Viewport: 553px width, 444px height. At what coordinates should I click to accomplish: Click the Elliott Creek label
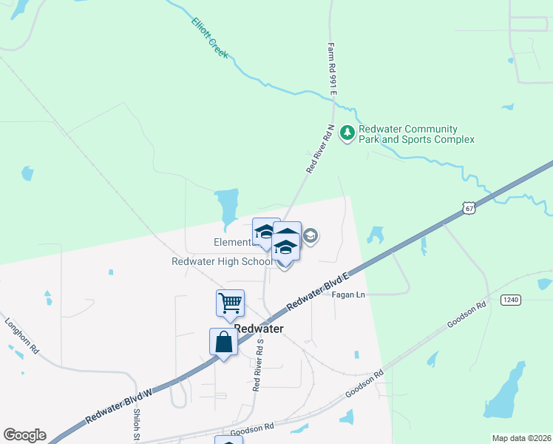[x=210, y=38]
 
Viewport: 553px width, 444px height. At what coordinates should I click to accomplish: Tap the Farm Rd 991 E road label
[x=333, y=68]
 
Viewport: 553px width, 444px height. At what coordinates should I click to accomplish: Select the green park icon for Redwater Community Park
[x=347, y=134]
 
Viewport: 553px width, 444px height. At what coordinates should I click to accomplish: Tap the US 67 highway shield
[x=469, y=209]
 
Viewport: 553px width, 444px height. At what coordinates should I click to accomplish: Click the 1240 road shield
[x=510, y=299]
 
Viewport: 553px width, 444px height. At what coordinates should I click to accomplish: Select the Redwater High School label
[x=222, y=262]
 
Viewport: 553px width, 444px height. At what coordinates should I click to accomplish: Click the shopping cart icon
[x=230, y=302]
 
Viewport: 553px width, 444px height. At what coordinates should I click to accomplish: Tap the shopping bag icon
[x=223, y=342]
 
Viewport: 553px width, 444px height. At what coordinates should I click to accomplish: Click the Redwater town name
[x=259, y=329]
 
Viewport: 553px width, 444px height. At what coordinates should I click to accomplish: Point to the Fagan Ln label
[x=349, y=295]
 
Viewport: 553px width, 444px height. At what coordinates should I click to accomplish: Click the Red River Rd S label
[x=257, y=366]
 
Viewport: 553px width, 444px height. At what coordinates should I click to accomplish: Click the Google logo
[x=24, y=435]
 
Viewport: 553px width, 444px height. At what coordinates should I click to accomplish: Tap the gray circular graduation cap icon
[x=311, y=237]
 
